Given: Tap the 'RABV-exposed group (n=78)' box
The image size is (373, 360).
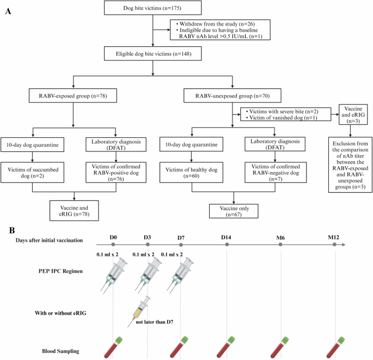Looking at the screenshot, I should click(73, 97).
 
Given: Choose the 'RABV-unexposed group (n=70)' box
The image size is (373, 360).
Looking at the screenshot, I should click(234, 97).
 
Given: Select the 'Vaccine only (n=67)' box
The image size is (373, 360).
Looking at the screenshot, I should click(234, 211).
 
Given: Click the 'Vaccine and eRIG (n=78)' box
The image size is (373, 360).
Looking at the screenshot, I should click(73, 210).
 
